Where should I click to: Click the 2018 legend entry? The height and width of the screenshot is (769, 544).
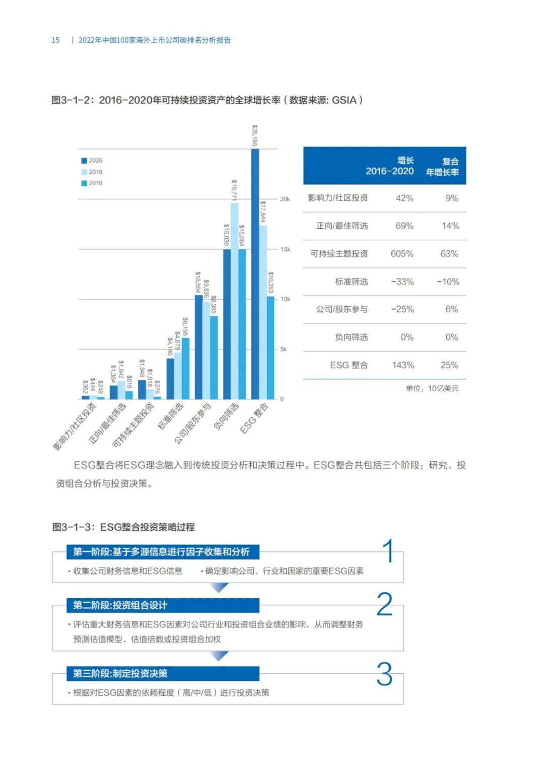coord(95,172)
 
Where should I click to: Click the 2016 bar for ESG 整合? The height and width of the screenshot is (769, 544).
coord(270,347)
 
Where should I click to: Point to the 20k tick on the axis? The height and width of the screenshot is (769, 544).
coord(285,199)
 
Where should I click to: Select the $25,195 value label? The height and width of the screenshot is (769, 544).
coord(255,135)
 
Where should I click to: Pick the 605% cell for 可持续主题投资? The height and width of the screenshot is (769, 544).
coord(402,254)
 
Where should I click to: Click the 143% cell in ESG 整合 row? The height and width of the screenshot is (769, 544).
coord(403,365)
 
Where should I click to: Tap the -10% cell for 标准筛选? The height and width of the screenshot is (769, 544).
coord(448,282)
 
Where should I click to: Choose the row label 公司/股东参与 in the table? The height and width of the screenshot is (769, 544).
coord(342,309)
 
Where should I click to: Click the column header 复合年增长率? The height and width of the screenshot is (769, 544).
coord(443,167)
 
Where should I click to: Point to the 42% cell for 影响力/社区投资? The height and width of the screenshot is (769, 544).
coord(404,198)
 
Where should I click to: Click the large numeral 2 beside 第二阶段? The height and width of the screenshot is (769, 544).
coord(385,604)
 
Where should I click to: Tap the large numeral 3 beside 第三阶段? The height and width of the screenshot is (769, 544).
coord(385,674)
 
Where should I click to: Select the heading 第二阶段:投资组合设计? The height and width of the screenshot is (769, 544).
coord(120,605)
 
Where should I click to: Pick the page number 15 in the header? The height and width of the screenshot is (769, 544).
coord(55,40)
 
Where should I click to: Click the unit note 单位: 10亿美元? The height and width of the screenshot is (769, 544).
coord(432,388)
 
